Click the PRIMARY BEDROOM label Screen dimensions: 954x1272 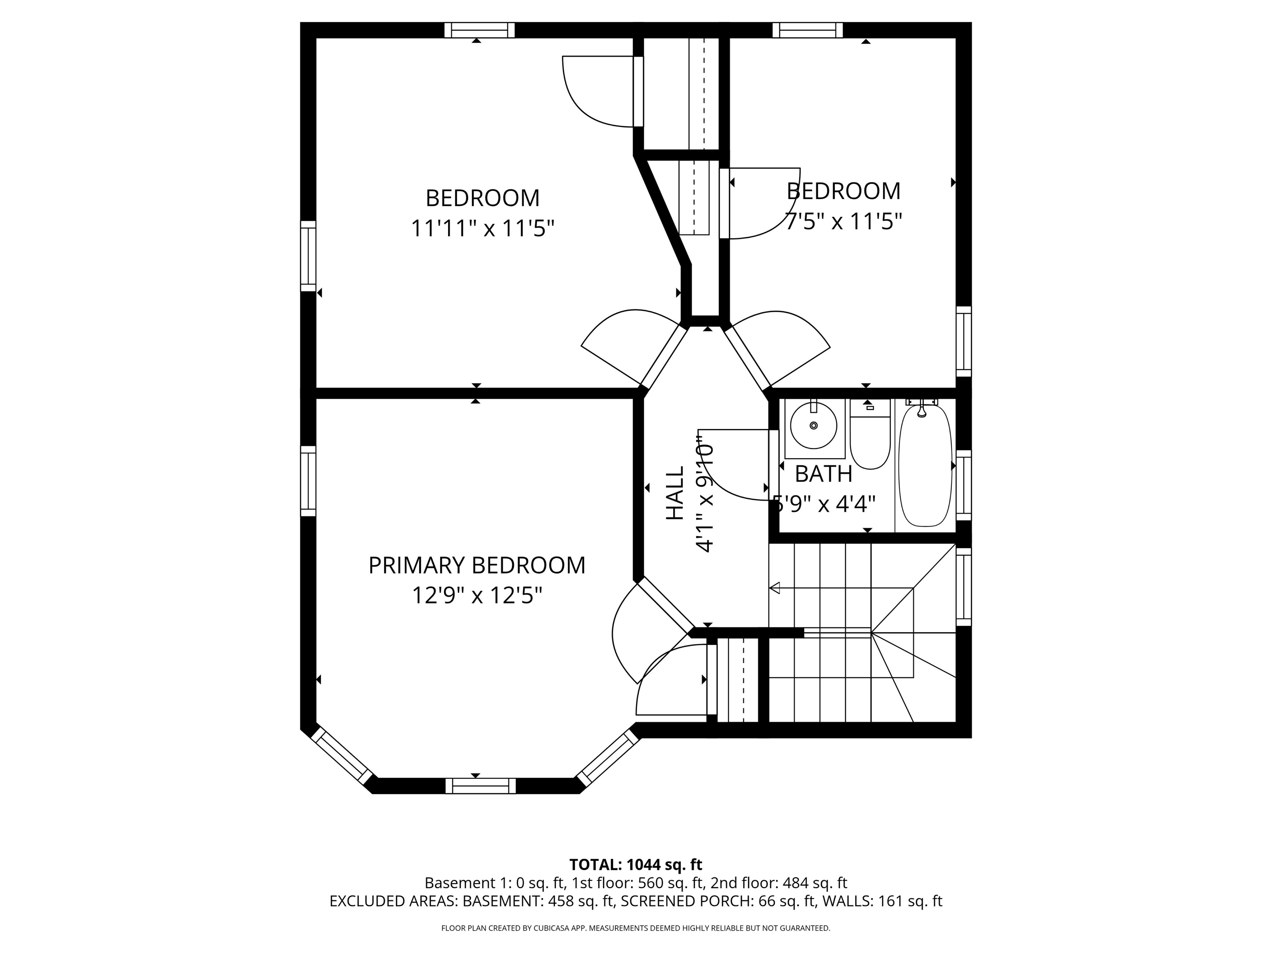[477, 565]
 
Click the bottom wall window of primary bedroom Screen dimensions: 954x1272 [480, 785]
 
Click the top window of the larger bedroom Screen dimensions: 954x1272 [479, 30]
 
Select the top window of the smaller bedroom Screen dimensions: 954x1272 [807, 30]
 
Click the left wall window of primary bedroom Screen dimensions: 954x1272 [308, 481]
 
